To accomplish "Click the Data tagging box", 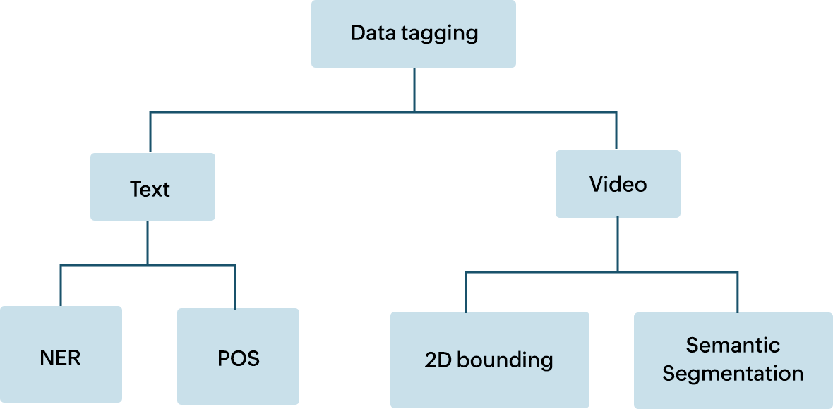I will point(414,34).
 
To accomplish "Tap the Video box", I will point(618,183).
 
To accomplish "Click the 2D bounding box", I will point(489,360).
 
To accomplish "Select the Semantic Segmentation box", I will point(733,360).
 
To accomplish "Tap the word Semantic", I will point(733,346).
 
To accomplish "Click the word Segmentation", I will point(733,373).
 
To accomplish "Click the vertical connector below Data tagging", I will point(414,89).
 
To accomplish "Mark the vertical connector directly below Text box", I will point(148,243).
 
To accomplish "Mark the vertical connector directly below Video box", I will point(618,244).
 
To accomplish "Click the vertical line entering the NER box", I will point(61,286).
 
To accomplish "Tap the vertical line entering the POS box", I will point(235,287).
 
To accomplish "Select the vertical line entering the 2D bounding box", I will point(466,292).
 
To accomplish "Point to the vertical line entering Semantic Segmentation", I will point(738,292).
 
